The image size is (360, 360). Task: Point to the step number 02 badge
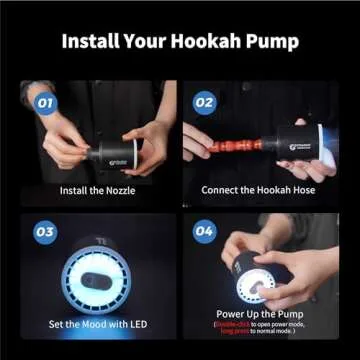[x=204, y=101]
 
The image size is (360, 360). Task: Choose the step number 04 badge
[x=204, y=232]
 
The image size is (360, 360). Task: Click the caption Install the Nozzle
[x=98, y=190]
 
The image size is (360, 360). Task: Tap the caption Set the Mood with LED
[x=98, y=324]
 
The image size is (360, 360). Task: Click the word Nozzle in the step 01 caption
[x=123, y=190]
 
